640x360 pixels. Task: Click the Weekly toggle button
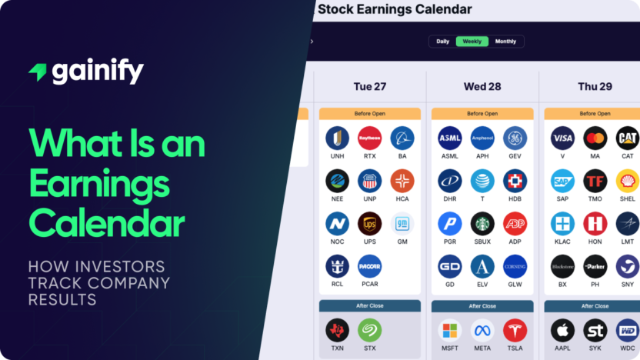[x=472, y=42]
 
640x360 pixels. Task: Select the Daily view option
[x=443, y=42]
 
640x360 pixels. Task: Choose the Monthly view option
[x=505, y=42]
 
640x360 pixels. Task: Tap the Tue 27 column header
[x=369, y=86]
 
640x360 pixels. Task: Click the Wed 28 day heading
[x=482, y=86]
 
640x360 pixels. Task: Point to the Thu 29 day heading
[x=595, y=86]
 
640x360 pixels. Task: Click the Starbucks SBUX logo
[x=482, y=224]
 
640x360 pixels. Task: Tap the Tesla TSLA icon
[x=515, y=330]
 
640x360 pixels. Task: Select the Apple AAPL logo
[x=562, y=330]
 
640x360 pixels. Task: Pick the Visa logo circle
[x=562, y=138]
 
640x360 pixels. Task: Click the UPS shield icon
[x=369, y=224]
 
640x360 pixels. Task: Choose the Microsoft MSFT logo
[x=450, y=330]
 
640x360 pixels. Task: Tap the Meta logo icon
[x=482, y=330]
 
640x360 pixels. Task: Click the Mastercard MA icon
[x=595, y=138]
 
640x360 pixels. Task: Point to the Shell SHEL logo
[x=627, y=181]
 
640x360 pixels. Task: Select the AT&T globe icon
[x=482, y=181]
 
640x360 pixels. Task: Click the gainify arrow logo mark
[x=38, y=72]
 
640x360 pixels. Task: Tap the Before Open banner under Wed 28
[x=482, y=114]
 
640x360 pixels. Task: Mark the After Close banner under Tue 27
[x=369, y=305]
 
